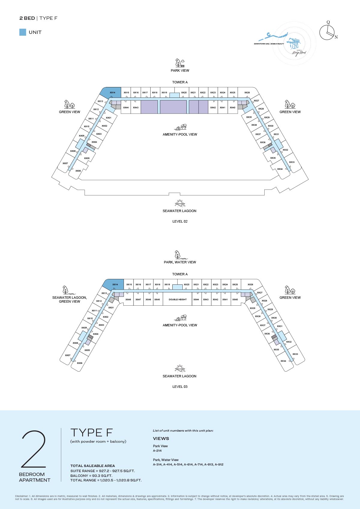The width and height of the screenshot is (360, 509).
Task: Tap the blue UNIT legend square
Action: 22,32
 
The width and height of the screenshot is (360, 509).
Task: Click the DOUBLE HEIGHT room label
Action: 178,299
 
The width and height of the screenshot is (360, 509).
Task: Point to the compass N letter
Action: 336,37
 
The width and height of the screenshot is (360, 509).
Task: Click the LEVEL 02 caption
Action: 180,221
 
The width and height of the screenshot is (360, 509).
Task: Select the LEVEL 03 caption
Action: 180,387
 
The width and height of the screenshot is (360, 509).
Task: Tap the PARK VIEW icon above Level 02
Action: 180,63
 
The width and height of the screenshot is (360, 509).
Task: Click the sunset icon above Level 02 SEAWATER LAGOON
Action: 180,203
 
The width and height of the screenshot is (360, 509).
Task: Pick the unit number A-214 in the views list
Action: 157,451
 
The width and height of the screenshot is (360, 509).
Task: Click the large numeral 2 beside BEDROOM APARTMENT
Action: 34,449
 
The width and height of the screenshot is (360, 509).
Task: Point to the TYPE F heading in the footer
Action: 91,433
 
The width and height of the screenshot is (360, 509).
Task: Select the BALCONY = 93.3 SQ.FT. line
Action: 91,475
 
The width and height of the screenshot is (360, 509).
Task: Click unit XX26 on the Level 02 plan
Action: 247,92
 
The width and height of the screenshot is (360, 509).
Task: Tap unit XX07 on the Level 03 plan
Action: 67,355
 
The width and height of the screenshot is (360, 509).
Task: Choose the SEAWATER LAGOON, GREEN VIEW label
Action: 69,299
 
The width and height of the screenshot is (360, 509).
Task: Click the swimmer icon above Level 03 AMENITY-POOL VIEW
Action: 180,318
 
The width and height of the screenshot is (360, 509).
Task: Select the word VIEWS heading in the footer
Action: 161,438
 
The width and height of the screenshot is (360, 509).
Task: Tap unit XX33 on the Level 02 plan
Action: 292,162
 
